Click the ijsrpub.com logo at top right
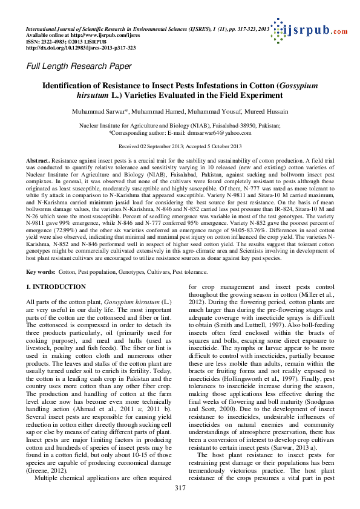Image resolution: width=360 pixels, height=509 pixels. [x=312, y=31]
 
